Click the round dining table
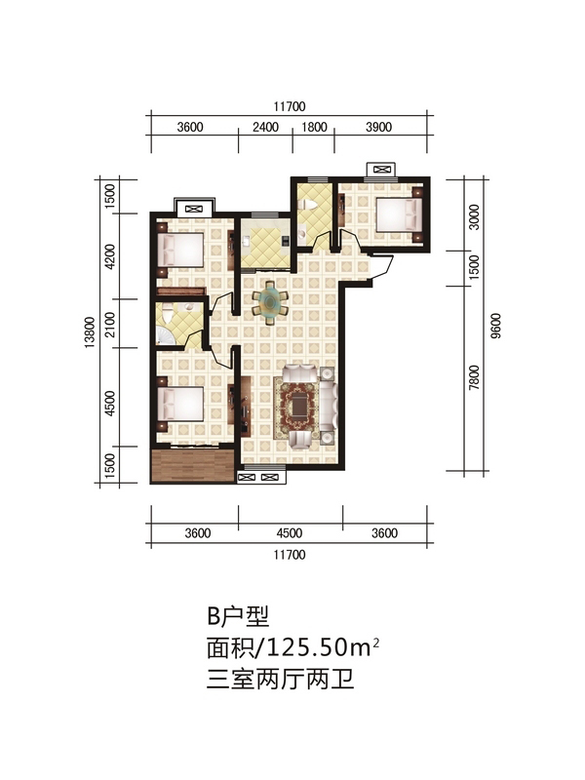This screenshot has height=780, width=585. [270, 301]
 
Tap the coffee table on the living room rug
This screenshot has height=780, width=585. [299, 407]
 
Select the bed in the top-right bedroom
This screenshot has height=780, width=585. [399, 214]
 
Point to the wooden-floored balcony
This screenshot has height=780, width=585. [193, 466]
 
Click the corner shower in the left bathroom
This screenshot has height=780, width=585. [165, 334]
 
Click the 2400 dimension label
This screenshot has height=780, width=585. [265, 128]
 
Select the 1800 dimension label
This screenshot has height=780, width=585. [314, 128]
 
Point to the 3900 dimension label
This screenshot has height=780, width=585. [378, 128]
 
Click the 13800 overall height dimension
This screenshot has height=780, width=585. [90, 331]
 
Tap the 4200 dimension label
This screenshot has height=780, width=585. [110, 256]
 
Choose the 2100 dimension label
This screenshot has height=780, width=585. [110, 324]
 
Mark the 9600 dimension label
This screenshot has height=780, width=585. [495, 326]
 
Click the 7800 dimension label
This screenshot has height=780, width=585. [475, 377]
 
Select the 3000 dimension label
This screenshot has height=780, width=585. [475, 216]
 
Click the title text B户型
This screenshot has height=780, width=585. [238, 617]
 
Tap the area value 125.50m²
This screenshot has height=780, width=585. [324, 647]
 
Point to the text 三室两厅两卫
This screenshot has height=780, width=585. [280, 679]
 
